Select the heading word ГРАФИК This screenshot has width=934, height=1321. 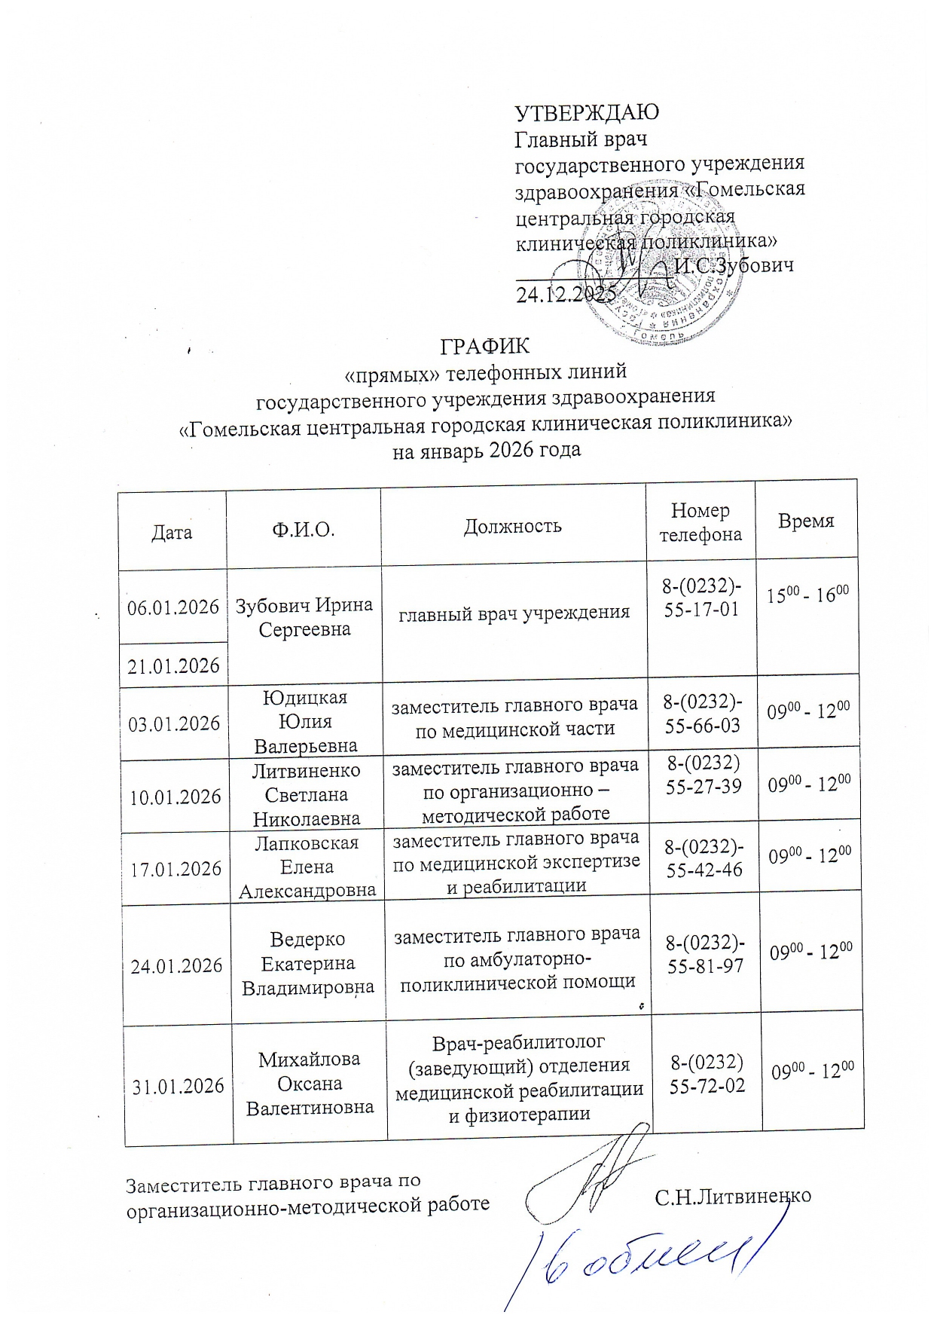click(x=485, y=346)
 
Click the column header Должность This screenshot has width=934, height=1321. click(x=512, y=525)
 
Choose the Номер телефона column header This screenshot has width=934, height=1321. click(x=700, y=522)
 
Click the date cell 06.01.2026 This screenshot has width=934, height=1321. click(x=173, y=607)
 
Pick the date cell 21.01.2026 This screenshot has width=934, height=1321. click(x=173, y=665)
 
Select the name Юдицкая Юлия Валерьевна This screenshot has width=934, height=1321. click(x=305, y=721)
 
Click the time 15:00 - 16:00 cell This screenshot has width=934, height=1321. click(x=807, y=595)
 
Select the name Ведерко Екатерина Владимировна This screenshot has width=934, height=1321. click(x=307, y=963)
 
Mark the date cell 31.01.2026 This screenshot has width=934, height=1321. click(x=179, y=1086)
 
